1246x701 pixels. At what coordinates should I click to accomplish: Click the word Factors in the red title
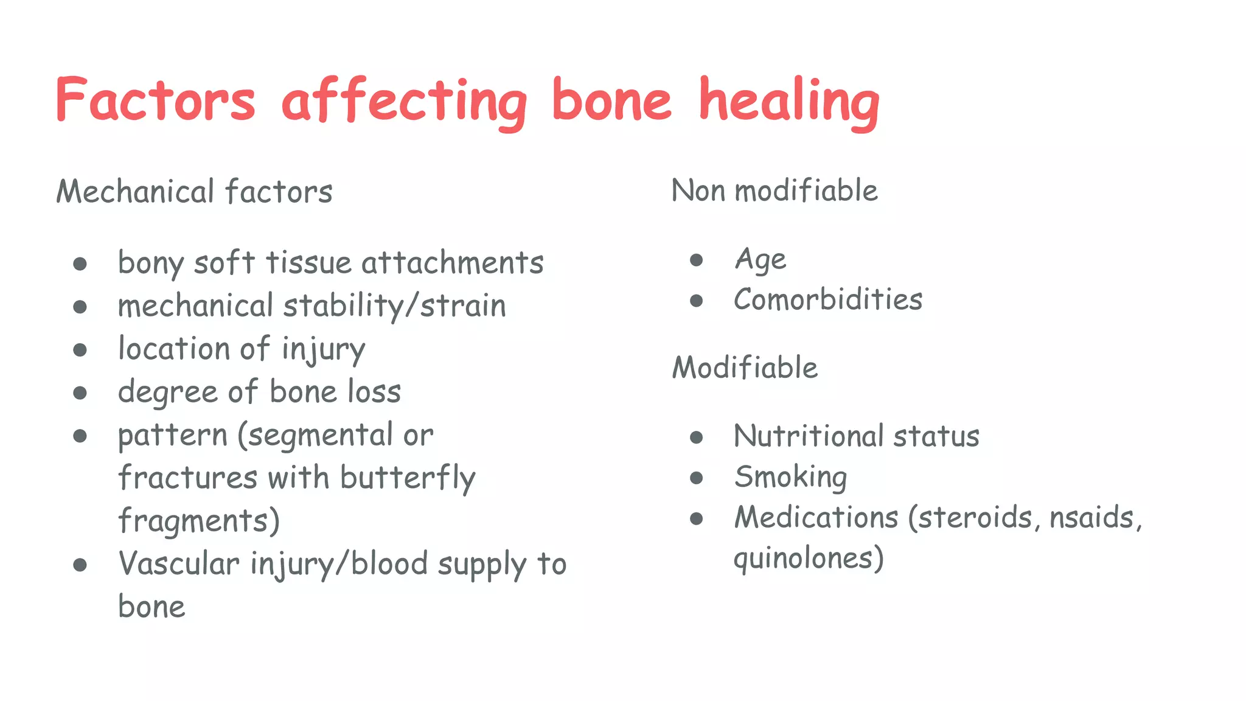(x=155, y=100)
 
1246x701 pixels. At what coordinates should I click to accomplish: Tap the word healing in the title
(x=788, y=102)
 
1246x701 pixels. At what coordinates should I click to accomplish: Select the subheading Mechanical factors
(x=194, y=192)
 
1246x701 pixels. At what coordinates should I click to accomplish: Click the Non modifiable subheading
(x=774, y=190)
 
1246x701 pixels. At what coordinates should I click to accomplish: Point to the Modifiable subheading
(x=745, y=368)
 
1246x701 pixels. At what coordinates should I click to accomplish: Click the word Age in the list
(x=760, y=260)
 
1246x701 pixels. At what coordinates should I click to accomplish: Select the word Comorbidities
(x=827, y=300)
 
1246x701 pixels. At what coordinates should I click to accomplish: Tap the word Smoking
(x=790, y=476)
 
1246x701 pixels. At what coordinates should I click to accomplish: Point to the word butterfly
(x=408, y=478)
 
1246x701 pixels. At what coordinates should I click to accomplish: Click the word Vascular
(x=179, y=564)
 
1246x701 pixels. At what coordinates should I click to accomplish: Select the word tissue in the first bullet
(x=308, y=263)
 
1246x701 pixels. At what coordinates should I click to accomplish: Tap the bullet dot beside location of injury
(x=80, y=350)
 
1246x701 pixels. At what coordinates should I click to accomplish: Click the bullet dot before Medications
(x=697, y=518)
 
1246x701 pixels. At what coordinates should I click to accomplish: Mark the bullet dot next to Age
(x=697, y=260)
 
